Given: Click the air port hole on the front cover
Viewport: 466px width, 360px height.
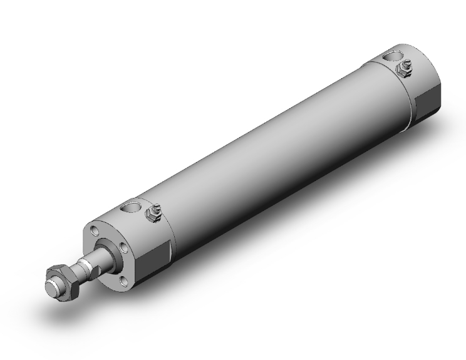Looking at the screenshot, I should (x=132, y=207).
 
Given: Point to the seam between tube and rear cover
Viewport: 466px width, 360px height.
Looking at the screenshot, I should (x=410, y=94).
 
